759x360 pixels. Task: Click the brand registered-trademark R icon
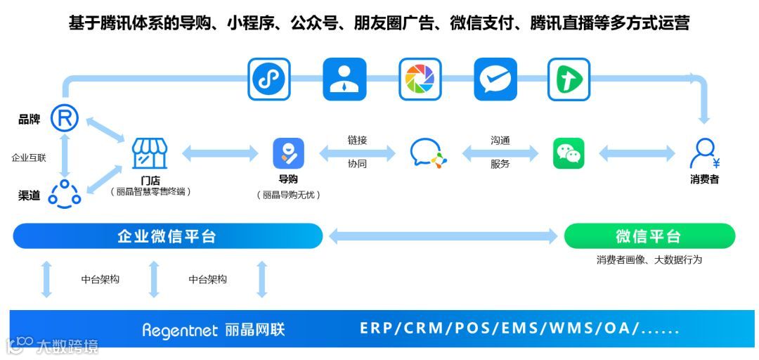click(x=64, y=118)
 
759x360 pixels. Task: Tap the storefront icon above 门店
click(x=150, y=153)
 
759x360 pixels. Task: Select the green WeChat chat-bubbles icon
click(x=569, y=153)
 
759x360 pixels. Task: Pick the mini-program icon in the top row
click(x=269, y=79)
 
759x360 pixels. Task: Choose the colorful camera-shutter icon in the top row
click(x=420, y=79)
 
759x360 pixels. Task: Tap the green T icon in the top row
click(x=569, y=79)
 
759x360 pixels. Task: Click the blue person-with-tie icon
click(x=344, y=79)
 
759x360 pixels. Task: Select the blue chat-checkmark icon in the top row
click(x=495, y=79)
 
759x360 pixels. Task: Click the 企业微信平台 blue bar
click(x=167, y=236)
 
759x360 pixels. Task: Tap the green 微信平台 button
click(x=649, y=236)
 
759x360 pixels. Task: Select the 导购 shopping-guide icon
click(x=288, y=153)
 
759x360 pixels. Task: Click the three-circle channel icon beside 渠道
click(x=65, y=193)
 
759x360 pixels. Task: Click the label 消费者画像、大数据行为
click(x=649, y=260)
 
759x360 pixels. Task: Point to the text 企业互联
click(x=29, y=158)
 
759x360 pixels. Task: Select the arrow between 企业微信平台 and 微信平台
click(x=443, y=236)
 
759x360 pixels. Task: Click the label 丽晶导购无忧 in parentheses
click(x=288, y=195)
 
